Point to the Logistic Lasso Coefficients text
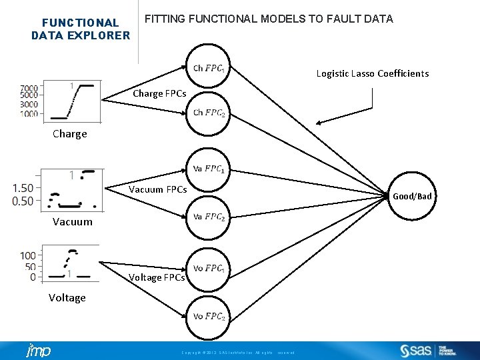click(372, 73)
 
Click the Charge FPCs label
click(159, 93)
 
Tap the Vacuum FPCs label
click(157, 189)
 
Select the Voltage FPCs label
click(157, 277)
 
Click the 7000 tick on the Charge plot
click(29, 88)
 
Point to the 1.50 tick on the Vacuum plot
click(23, 188)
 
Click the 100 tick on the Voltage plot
click(28, 255)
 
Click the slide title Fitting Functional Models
click(269, 19)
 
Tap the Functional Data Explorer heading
click(81, 29)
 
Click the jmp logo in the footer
click(37, 351)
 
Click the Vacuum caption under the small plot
click(73, 221)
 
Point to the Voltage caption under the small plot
click(67, 297)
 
